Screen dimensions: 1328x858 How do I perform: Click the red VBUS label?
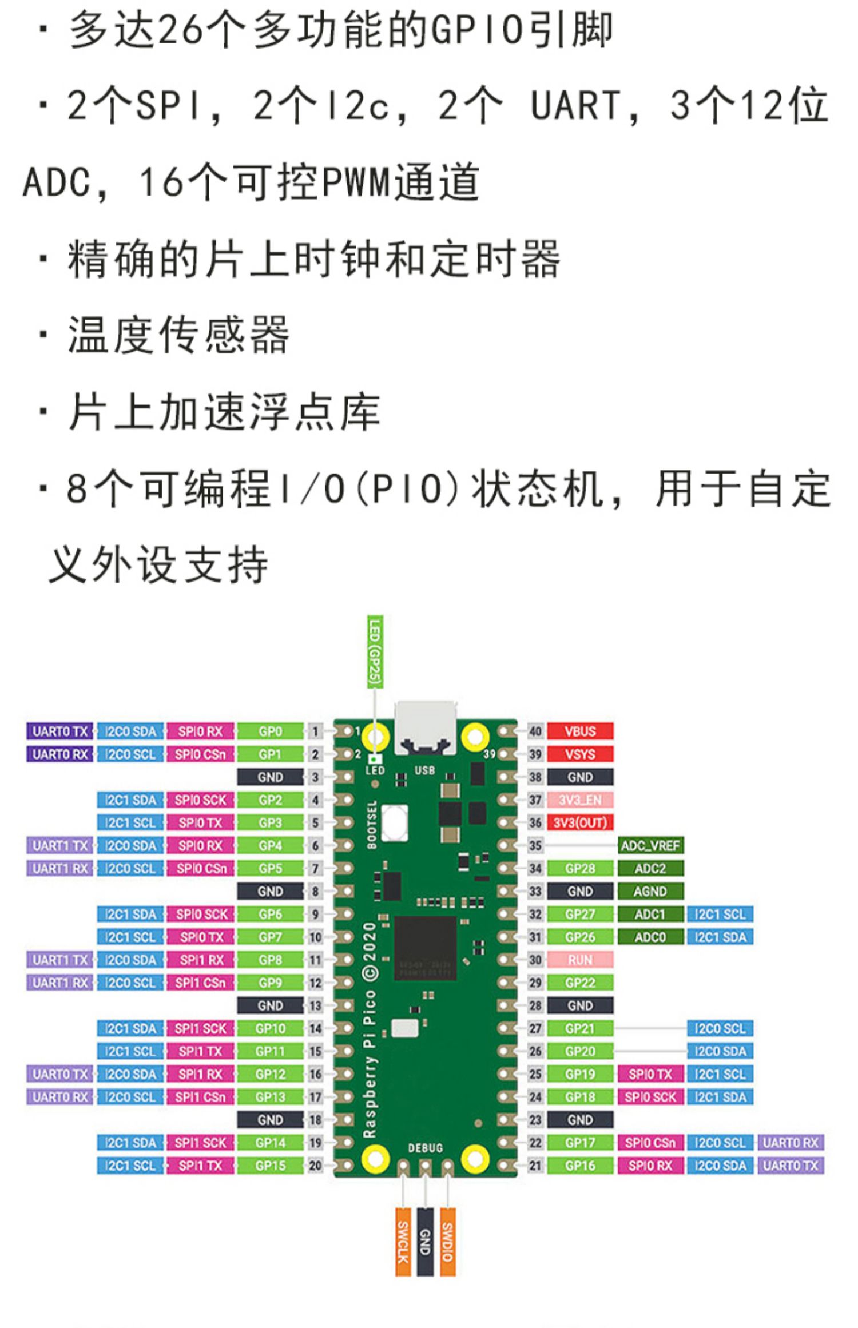pyautogui.click(x=579, y=731)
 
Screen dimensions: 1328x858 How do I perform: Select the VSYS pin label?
pyautogui.click(x=579, y=754)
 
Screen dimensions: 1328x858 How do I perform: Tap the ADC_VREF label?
pyautogui.click(x=650, y=845)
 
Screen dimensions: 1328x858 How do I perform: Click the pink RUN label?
pyautogui.click(x=579, y=960)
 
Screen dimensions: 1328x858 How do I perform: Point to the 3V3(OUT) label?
pyautogui.click(x=579, y=822)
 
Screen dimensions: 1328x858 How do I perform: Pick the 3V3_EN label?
pyautogui.click(x=579, y=800)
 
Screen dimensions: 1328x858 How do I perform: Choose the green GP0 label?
pyautogui.click(x=270, y=731)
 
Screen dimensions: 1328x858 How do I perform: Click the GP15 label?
pyautogui.click(x=270, y=1166)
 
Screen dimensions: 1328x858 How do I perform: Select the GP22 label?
pyautogui.click(x=579, y=983)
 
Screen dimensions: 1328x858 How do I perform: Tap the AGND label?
pyautogui.click(x=650, y=891)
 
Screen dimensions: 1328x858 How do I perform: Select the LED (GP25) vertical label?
pyautogui.click(x=375, y=652)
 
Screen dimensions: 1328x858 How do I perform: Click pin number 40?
pyautogui.click(x=535, y=731)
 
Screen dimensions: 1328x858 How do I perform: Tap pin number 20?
pyautogui.click(x=315, y=1166)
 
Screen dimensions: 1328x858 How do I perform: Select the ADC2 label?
pyautogui.click(x=650, y=868)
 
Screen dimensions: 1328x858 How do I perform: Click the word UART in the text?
pyautogui.click(x=575, y=106)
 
